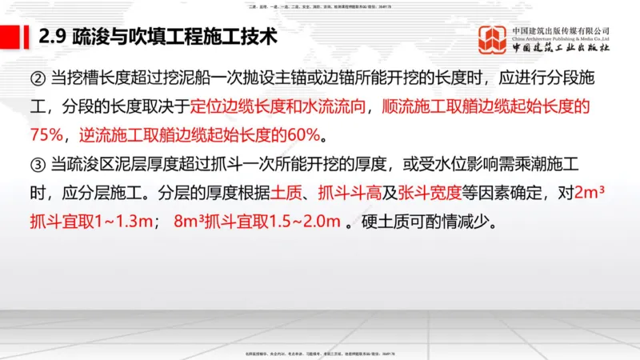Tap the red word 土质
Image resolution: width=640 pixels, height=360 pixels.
point(284,192)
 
